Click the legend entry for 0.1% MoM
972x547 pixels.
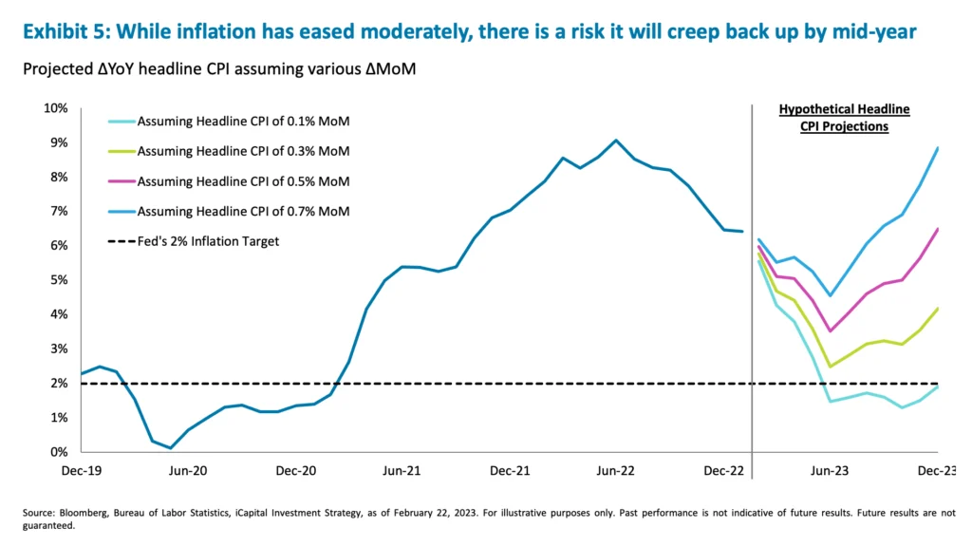pos(243,122)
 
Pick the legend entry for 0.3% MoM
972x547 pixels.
pos(243,151)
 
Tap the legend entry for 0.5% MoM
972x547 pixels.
pos(243,181)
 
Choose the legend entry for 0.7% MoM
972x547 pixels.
pos(243,211)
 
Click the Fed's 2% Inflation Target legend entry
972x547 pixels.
pos(208,241)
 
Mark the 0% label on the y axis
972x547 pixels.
pos(59,452)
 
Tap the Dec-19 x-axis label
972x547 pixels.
pos(82,470)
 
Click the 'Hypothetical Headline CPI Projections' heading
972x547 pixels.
pos(844,118)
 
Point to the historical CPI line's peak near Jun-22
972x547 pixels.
pos(616,141)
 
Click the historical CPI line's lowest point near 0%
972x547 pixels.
pos(170,448)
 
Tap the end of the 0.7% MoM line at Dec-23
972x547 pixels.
pos(938,147)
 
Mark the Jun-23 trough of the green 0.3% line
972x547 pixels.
pos(831,367)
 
